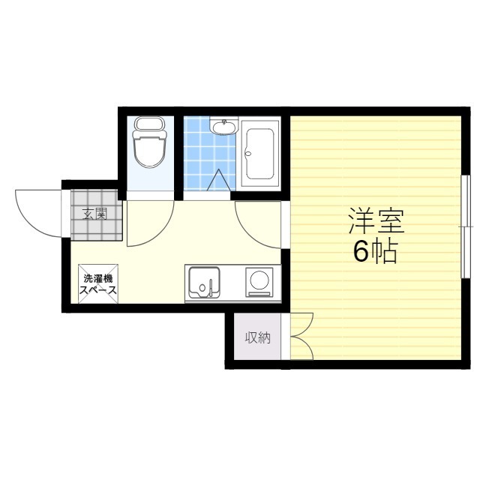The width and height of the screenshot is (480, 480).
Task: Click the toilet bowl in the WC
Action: tap(149, 151)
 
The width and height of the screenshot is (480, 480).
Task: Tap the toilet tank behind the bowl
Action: tap(150, 124)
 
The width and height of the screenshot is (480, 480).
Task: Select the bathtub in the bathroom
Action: tap(260, 154)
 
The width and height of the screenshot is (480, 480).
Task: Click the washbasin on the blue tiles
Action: tap(224, 126)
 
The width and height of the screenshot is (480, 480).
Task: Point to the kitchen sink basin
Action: tap(204, 282)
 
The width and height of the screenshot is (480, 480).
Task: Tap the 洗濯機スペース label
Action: tap(98, 284)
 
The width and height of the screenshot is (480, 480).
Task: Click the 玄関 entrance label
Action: tap(95, 214)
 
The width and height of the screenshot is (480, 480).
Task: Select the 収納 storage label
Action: tap(258, 337)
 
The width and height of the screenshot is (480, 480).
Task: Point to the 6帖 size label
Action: tap(376, 252)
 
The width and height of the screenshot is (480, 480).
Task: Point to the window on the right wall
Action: tap(466, 226)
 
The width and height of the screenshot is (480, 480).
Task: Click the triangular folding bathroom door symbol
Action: tap(218, 180)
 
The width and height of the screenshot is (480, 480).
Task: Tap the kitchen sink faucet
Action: tap(211, 287)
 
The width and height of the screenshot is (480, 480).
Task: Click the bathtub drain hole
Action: tap(248, 153)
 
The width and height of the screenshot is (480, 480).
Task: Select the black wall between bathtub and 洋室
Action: tap(286, 153)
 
